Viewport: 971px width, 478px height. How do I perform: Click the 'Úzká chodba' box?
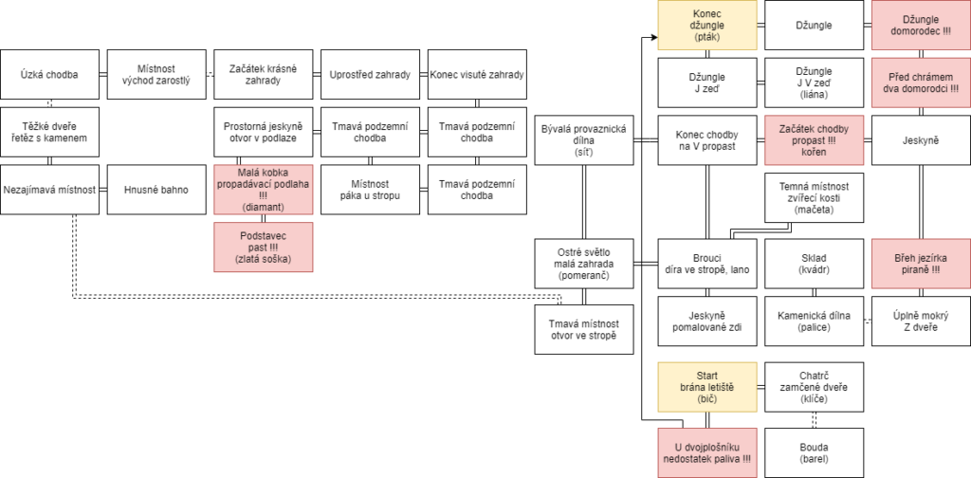point(49,74)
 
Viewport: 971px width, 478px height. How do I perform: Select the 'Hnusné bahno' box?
point(156,190)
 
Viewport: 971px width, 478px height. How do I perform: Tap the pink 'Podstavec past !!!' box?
point(264,247)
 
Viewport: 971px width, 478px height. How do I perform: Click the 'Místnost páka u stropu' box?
point(371,190)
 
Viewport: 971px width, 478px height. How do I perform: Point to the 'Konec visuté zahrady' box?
point(477,74)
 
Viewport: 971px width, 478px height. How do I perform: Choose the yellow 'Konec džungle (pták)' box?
point(707,25)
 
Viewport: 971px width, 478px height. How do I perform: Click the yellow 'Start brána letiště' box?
point(707,388)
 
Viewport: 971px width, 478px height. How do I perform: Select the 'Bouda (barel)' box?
point(814,452)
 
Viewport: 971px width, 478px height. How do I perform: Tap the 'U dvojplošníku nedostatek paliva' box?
point(707,452)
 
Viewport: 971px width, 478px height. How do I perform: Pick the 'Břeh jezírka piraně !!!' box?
point(922,264)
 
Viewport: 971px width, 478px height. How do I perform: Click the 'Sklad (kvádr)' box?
point(814,264)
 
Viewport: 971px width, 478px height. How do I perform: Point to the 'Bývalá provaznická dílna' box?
point(584,140)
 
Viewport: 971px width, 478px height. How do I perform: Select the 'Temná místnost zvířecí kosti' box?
point(814,197)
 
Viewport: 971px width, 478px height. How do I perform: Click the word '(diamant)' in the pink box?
point(264,208)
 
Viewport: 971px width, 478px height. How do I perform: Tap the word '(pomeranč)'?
point(584,276)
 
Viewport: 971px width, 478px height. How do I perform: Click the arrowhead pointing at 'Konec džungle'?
point(654,37)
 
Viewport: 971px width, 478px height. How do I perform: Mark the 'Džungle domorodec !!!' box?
point(922,25)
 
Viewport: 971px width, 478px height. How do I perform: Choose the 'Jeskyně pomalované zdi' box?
point(707,321)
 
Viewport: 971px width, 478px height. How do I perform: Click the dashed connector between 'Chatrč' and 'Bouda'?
point(814,420)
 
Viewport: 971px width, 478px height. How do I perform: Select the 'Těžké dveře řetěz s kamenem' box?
point(49,132)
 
